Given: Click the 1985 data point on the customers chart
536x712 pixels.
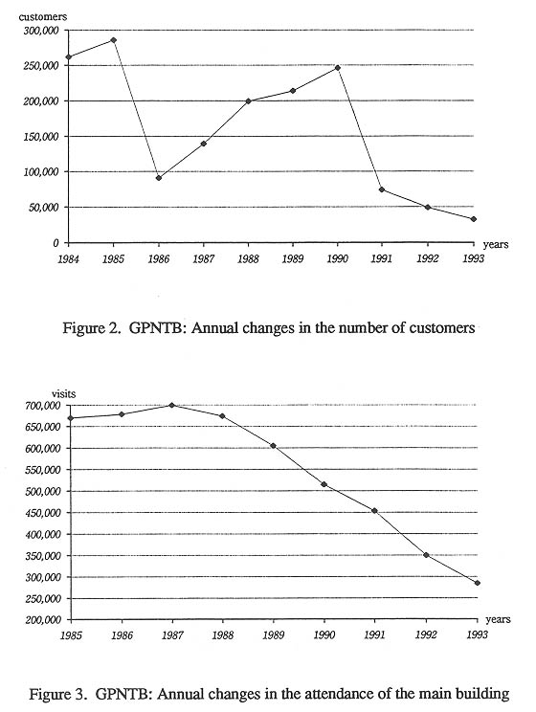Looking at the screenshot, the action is coord(114,40).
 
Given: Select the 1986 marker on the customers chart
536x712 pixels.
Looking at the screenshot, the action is coord(159,178).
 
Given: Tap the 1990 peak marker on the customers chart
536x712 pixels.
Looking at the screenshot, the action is coord(338,68).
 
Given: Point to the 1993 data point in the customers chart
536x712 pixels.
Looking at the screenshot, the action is coord(474,219).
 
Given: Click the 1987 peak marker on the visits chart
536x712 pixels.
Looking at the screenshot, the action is coord(171,405).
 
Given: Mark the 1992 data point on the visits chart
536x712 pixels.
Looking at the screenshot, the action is coord(426,555).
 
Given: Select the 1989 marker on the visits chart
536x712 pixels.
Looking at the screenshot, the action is coord(273,446).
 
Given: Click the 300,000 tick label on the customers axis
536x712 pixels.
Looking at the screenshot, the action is coord(41,31).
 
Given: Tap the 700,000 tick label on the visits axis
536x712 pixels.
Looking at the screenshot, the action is coord(43,406).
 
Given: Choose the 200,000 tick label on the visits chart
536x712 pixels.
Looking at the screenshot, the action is coord(43,620).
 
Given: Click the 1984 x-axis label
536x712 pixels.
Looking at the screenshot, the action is coord(68,259).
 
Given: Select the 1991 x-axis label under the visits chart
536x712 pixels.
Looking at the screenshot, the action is coord(375,634).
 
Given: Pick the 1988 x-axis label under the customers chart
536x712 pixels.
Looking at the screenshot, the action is coord(248,259).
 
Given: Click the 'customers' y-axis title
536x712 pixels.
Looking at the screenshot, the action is coord(43,17).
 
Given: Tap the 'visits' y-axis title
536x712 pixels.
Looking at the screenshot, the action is coord(63,393).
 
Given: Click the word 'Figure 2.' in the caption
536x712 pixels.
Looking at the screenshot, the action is coord(91,328).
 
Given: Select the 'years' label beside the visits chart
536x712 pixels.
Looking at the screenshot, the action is coord(499,619).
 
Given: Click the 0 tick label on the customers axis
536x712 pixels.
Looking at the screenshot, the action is coord(56,243).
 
